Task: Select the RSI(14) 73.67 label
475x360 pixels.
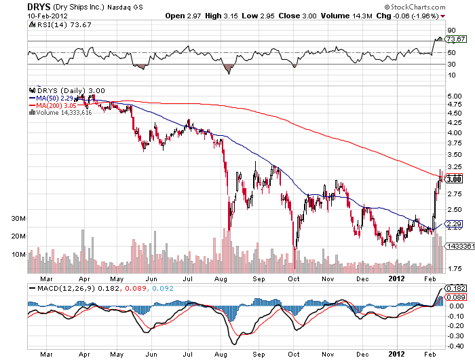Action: [x=56, y=25]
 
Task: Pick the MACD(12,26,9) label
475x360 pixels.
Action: [x=61, y=289]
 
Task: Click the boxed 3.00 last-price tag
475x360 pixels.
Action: [x=453, y=179]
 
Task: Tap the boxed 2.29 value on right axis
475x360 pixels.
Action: [x=453, y=223]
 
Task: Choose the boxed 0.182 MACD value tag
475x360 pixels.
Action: [x=455, y=289]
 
